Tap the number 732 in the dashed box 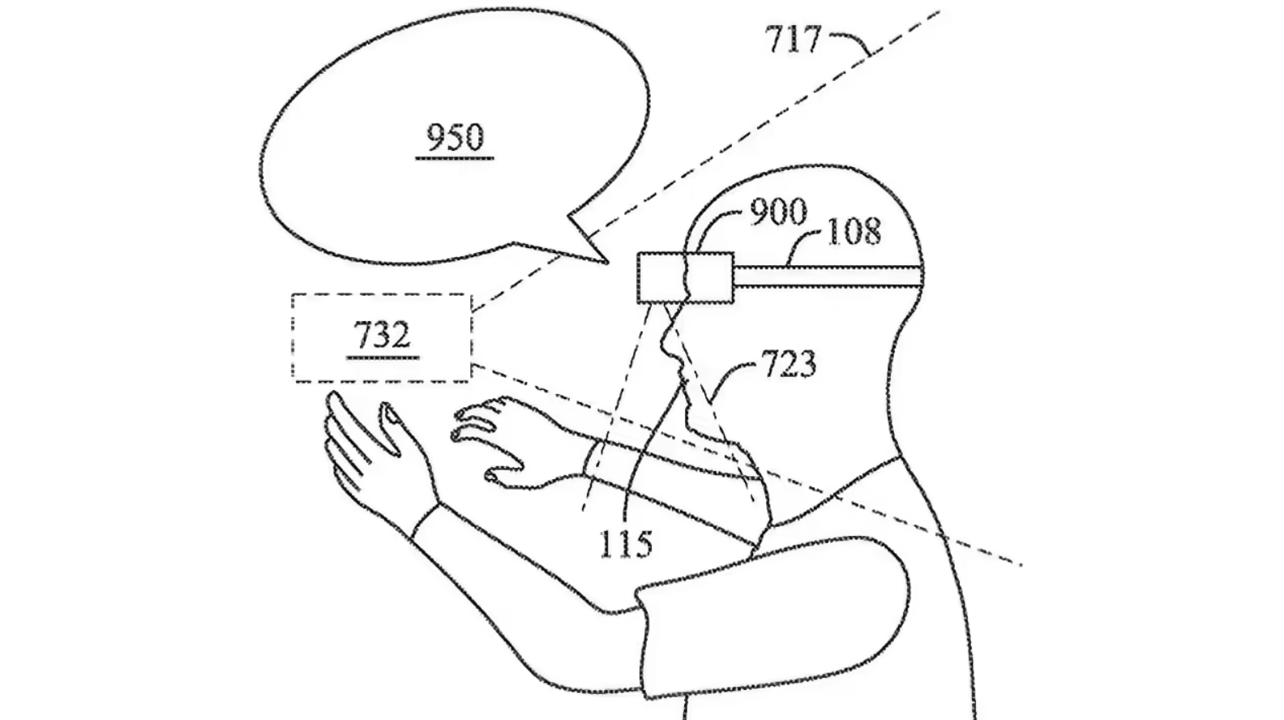[383, 335]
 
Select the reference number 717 [793, 40]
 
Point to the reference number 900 [778, 212]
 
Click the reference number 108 [854, 232]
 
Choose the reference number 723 [788, 363]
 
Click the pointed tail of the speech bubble [606, 262]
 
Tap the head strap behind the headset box [828, 276]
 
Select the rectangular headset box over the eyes [686, 277]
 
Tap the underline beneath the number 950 [455, 156]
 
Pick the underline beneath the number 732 [383, 357]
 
